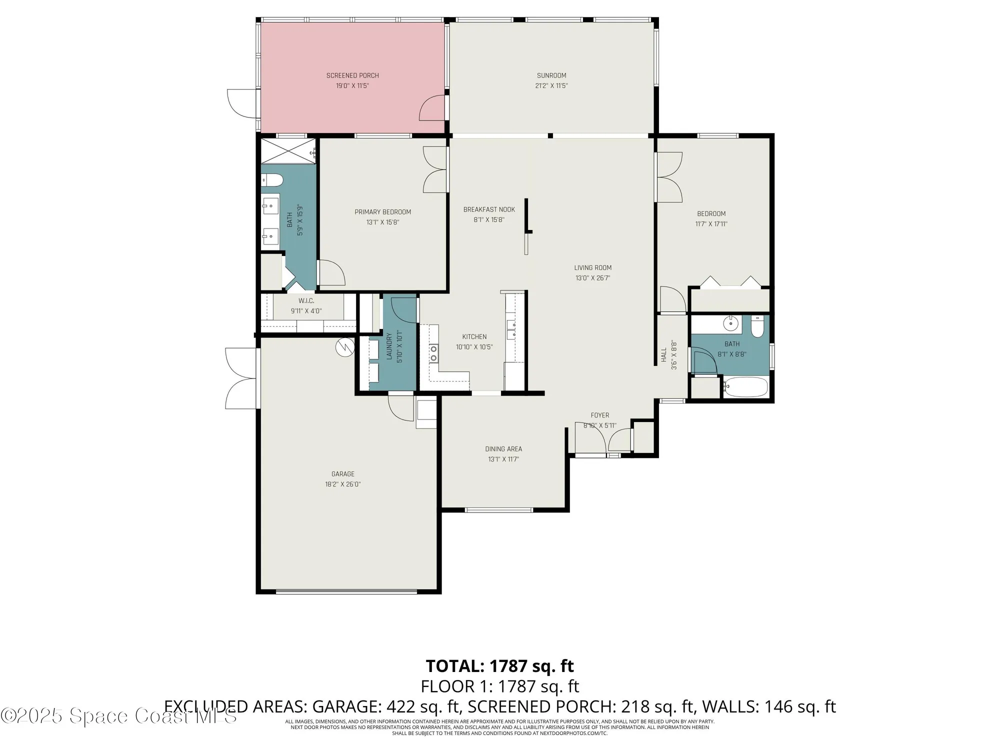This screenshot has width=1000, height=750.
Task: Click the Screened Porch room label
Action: (x=352, y=75)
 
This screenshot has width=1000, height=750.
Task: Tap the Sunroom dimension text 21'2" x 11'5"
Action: (x=551, y=85)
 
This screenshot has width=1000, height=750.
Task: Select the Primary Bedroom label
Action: (x=382, y=212)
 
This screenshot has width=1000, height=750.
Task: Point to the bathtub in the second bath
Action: (x=745, y=387)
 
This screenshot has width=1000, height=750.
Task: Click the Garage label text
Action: (x=343, y=474)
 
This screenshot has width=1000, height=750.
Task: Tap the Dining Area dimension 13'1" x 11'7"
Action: (x=503, y=459)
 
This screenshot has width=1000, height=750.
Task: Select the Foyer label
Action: (x=599, y=415)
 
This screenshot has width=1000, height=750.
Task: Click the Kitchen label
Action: (x=474, y=336)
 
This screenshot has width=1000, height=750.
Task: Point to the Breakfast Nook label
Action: (x=488, y=209)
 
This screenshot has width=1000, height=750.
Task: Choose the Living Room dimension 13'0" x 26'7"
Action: (x=592, y=278)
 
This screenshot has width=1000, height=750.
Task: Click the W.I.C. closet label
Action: (x=306, y=301)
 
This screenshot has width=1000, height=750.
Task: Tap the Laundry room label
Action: (x=389, y=346)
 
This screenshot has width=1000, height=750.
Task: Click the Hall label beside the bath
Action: (x=664, y=355)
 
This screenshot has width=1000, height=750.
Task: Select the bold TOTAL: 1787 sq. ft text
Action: (x=499, y=666)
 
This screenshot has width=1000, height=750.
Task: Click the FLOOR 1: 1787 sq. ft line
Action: (x=499, y=686)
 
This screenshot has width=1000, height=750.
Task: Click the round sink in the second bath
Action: (x=731, y=323)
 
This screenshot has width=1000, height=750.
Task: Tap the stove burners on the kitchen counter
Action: (x=433, y=353)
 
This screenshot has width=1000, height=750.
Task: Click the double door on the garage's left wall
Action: (x=242, y=378)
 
